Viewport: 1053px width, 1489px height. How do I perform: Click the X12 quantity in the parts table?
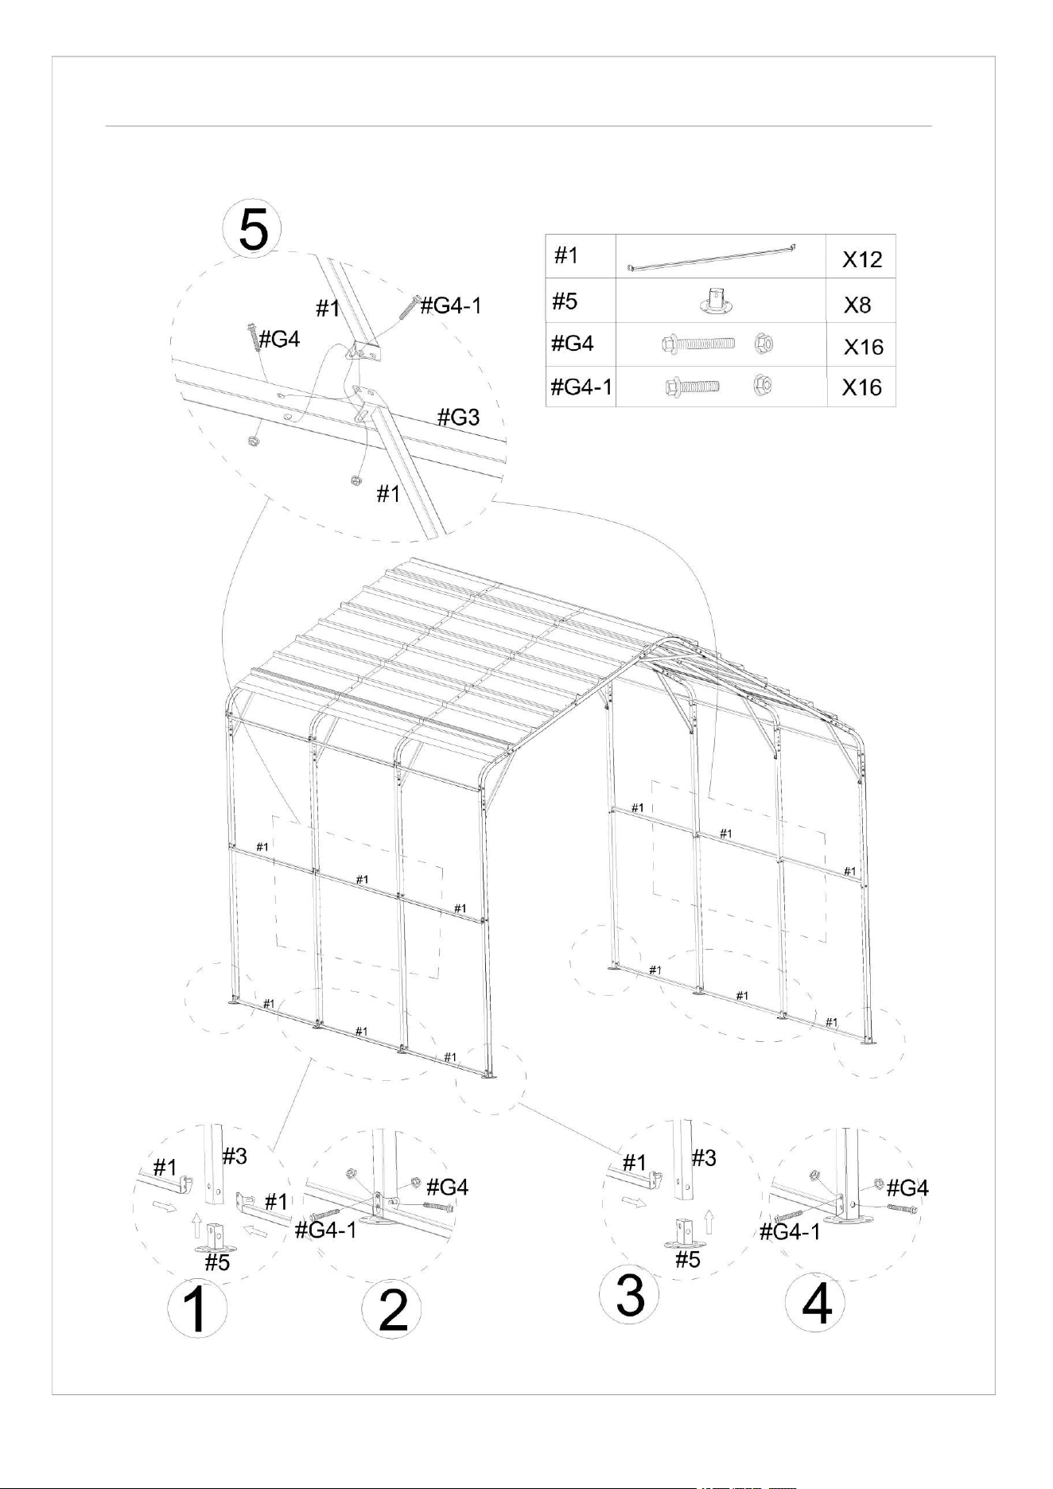862,259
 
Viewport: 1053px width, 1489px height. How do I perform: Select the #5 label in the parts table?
565,301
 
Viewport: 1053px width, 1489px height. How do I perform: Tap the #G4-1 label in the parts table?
581,387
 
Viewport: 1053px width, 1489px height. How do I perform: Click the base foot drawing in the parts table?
718,301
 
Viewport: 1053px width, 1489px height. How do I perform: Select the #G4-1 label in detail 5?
450,305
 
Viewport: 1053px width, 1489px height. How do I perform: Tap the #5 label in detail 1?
217,1262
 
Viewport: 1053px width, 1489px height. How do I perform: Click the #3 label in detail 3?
703,1158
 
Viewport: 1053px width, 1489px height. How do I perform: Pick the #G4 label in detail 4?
907,1188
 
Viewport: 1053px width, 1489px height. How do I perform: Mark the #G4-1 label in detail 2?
325,1230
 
